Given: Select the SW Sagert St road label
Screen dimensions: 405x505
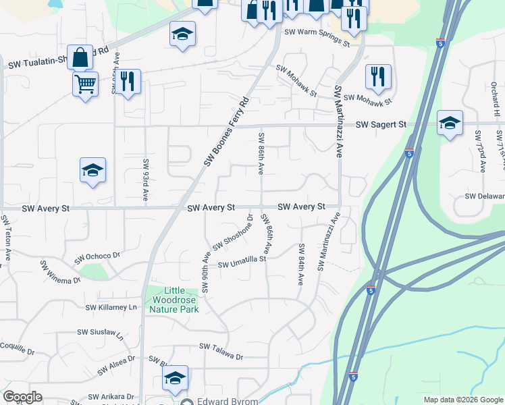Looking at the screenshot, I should click(381, 124).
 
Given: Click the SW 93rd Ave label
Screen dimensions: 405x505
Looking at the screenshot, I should click(145, 180).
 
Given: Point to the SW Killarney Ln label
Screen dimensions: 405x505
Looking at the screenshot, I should click(111, 307).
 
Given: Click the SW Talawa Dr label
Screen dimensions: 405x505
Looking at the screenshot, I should click(220, 346).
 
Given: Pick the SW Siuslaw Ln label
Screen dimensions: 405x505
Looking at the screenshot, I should click(101, 333).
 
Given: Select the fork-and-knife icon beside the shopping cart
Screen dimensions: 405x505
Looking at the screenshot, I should click(128, 81).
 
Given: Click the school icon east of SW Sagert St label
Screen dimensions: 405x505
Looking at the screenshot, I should click(450, 122).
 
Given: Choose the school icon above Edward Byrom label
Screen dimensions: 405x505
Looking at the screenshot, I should click(175, 377).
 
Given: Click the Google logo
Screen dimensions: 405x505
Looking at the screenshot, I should click(23, 397).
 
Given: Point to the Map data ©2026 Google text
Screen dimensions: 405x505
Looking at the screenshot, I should click(463, 400).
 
